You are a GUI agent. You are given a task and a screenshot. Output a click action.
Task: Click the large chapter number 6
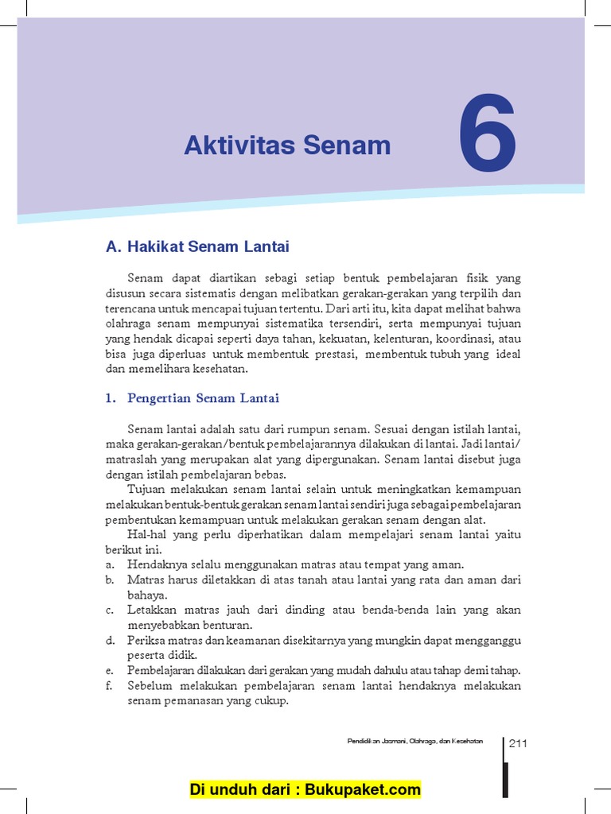[x=487, y=134]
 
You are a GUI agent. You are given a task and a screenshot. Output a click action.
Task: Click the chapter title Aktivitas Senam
[x=287, y=145]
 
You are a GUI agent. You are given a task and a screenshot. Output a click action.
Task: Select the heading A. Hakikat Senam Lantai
[x=197, y=246]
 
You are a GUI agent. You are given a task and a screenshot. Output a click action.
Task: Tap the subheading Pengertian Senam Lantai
[x=203, y=398]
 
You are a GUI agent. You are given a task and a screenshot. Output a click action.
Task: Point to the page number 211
[x=518, y=744]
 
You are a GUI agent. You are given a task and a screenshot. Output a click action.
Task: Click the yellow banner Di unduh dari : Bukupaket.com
[x=305, y=789]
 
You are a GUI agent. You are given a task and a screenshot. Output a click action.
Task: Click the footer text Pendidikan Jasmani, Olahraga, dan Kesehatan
[x=414, y=742]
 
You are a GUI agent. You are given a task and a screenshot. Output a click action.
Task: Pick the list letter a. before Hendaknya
[x=109, y=564]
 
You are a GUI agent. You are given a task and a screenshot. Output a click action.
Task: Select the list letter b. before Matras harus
[x=109, y=579]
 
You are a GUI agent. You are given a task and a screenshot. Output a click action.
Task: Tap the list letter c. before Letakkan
[x=109, y=610]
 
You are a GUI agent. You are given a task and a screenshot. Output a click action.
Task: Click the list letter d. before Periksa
[x=109, y=640]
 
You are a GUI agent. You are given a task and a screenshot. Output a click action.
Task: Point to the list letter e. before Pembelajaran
[x=109, y=670]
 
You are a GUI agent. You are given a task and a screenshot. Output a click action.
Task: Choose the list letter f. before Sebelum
[x=109, y=685]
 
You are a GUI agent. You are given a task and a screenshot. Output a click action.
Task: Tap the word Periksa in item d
[x=145, y=640]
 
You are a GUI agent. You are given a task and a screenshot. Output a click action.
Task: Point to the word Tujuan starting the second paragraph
[x=145, y=489]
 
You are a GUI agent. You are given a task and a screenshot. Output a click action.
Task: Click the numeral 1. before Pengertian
[x=110, y=398]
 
